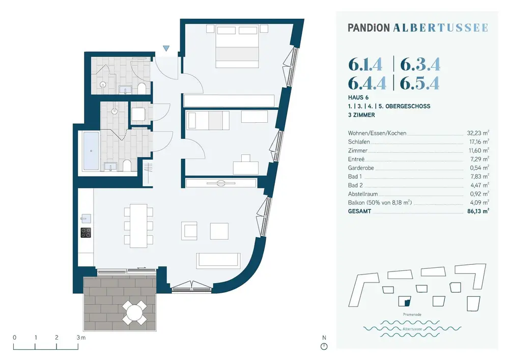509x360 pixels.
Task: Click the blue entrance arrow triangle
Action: click(x=166, y=48)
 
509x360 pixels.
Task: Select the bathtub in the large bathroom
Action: click(x=92, y=151)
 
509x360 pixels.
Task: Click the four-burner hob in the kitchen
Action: click(x=86, y=233)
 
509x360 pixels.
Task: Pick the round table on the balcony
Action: click(x=135, y=311)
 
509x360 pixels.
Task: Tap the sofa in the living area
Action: click(x=218, y=260)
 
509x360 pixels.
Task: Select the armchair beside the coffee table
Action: click(x=190, y=231)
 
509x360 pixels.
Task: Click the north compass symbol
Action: click(x=324, y=347)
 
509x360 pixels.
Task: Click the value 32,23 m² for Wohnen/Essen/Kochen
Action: click(x=478, y=133)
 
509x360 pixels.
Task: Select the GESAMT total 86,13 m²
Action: click(x=478, y=211)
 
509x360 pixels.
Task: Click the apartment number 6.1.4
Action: click(x=365, y=65)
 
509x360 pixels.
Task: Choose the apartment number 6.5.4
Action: click(x=420, y=82)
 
